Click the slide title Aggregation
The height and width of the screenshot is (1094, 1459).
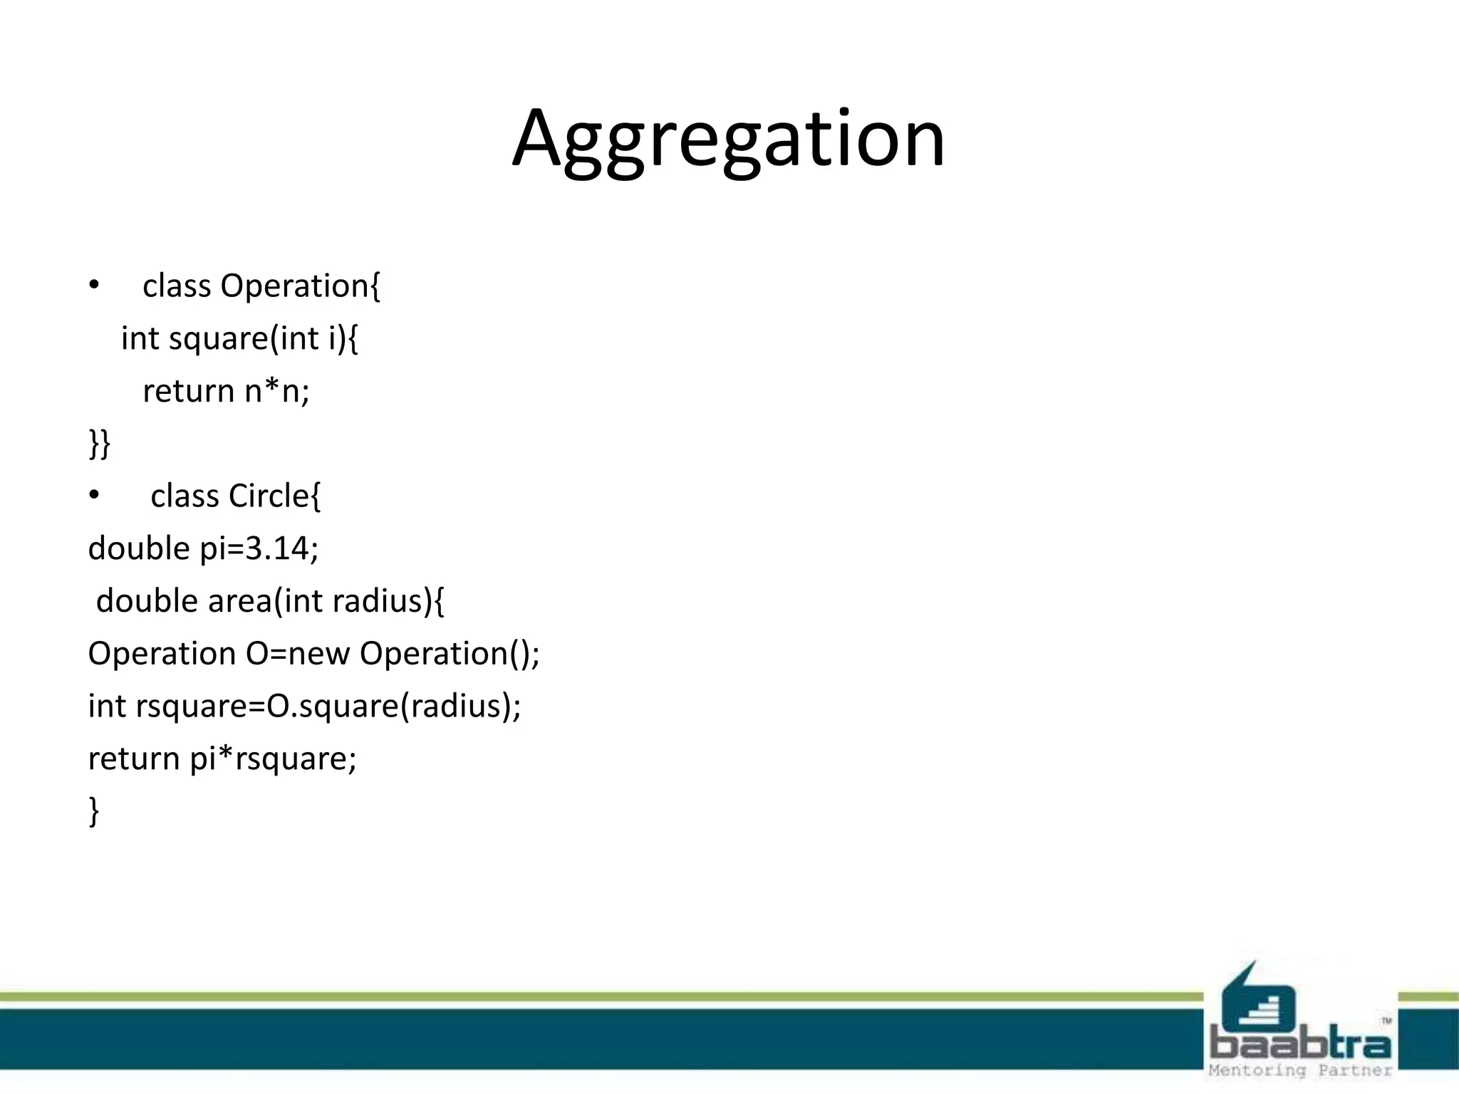click(728, 139)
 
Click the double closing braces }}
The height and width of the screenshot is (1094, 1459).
click(99, 443)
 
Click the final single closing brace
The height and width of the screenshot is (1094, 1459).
click(93, 811)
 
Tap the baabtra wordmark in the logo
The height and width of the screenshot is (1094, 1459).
click(1300, 1045)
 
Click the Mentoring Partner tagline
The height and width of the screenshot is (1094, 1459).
click(1300, 1070)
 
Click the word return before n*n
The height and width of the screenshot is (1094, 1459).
click(188, 391)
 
